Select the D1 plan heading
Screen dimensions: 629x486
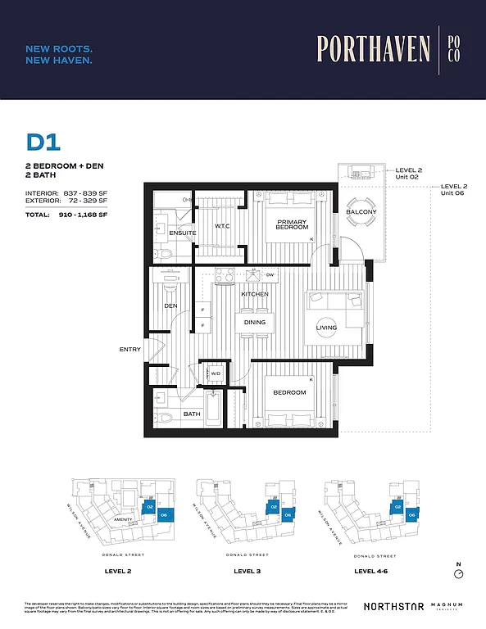pyautogui.click(x=43, y=143)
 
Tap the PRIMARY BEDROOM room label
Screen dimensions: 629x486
pyautogui.click(x=292, y=225)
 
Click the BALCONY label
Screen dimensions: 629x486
pyautogui.click(x=361, y=213)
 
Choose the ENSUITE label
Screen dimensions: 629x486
pyautogui.click(x=183, y=233)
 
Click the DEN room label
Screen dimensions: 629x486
pyautogui.click(x=170, y=305)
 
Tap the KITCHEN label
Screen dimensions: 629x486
pyautogui.click(x=255, y=293)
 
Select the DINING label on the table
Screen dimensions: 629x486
pyautogui.click(x=255, y=323)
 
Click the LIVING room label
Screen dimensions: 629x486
pyautogui.click(x=327, y=328)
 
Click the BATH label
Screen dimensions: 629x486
pyautogui.click(x=192, y=414)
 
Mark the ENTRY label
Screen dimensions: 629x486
pyautogui.click(x=129, y=350)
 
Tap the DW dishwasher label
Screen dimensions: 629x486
pyautogui.click(x=270, y=275)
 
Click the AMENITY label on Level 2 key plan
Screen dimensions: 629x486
pyautogui.click(x=125, y=519)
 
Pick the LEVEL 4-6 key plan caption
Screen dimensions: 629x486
pyautogui.click(x=372, y=570)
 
